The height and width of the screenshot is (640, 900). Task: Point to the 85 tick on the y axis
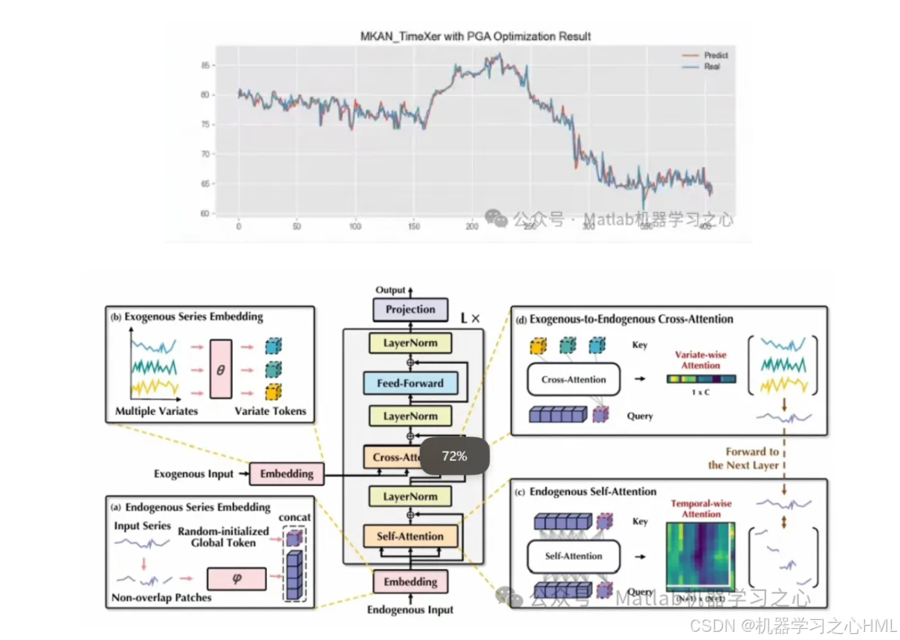204,65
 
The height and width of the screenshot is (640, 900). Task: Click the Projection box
410,309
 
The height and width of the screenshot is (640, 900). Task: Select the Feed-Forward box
409,384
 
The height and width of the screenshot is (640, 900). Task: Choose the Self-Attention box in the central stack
409,536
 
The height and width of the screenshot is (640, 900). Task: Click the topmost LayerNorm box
409,343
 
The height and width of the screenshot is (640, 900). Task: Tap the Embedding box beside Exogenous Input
286,473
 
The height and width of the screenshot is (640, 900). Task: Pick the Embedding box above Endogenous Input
409,581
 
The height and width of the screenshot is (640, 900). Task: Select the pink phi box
236,578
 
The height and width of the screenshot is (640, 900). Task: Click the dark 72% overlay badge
454,456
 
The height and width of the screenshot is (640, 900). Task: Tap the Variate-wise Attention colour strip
701,379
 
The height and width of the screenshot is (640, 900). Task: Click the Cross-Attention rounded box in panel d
573,379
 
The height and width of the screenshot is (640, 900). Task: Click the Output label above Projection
391,290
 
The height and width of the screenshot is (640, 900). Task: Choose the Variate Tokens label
270,411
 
